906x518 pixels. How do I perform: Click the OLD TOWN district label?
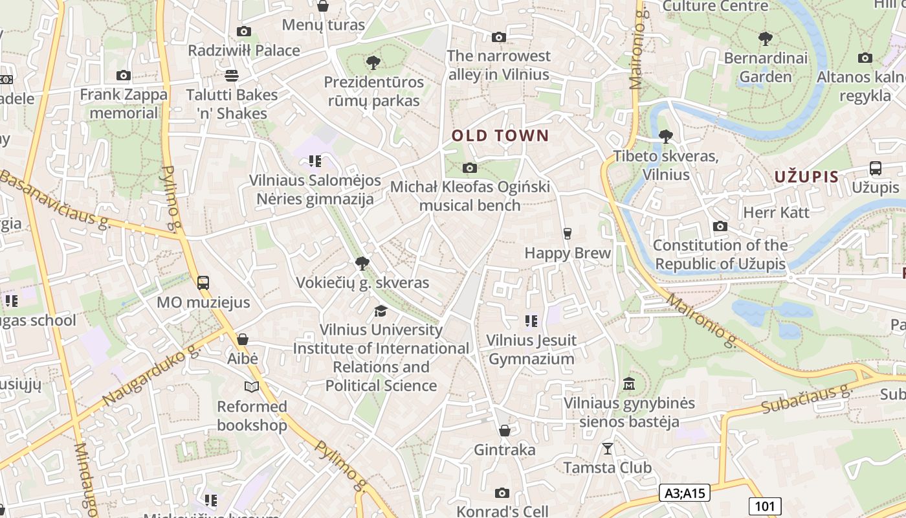[x=500, y=136]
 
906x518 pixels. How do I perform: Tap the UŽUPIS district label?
[x=806, y=176]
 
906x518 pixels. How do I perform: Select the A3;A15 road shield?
[x=685, y=493]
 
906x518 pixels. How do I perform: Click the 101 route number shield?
[x=765, y=506]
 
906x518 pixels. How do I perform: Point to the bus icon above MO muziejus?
[x=203, y=283]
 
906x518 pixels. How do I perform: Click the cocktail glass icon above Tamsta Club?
[x=607, y=448]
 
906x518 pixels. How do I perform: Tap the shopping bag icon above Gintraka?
[x=505, y=431]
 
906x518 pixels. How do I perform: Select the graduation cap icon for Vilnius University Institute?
[x=381, y=311]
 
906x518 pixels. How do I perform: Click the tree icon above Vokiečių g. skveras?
[x=362, y=264]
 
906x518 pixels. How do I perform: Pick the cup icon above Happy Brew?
[x=568, y=233]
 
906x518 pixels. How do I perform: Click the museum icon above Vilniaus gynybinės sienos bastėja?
[x=628, y=384]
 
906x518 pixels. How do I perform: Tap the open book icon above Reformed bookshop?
[x=252, y=387]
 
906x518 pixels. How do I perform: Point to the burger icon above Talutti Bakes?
[x=232, y=75]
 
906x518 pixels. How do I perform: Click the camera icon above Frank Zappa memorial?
[x=124, y=76]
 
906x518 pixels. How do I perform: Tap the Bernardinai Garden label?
[x=766, y=67]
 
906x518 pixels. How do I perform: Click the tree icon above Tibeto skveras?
[x=665, y=137]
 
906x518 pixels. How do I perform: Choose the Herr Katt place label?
[x=776, y=212]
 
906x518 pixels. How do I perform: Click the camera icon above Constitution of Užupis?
[x=720, y=227]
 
